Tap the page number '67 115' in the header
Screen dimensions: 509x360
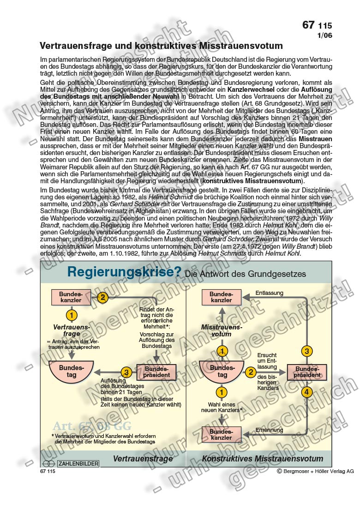click(317, 25)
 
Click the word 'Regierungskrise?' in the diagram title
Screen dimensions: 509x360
click(124, 272)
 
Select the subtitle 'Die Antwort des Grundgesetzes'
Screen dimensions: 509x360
click(245, 274)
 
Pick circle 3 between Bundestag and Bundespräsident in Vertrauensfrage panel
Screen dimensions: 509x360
click(126, 372)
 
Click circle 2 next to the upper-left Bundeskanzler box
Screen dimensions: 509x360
click(102, 297)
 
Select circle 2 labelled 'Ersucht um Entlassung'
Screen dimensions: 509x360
click(250, 372)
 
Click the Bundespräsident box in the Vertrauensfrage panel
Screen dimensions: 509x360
click(156, 372)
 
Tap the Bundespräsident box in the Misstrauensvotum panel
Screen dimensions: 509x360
click(307, 372)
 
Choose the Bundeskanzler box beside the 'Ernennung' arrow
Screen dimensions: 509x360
click(222, 434)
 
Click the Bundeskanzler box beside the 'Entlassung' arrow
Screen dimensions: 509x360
click(222, 297)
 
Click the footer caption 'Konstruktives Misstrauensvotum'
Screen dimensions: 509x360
click(262, 459)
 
